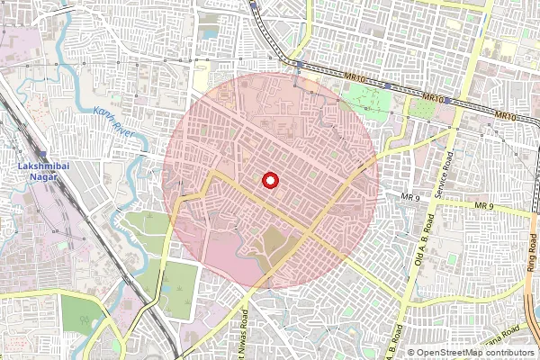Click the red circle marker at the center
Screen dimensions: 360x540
point(269,181)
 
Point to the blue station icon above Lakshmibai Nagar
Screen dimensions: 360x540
point(41,155)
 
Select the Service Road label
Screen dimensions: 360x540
point(444,175)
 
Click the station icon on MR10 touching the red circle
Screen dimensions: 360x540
point(298,64)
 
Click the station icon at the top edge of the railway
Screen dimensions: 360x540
point(255,4)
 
